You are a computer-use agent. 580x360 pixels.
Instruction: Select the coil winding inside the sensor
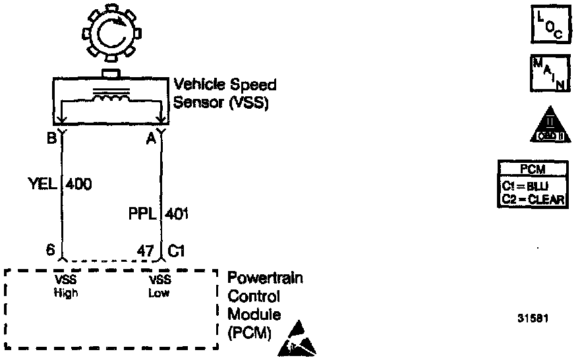109,100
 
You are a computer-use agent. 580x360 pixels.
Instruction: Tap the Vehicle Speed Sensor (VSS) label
225,94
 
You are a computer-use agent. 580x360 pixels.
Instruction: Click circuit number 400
78,184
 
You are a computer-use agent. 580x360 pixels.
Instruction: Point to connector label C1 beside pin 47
177,251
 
